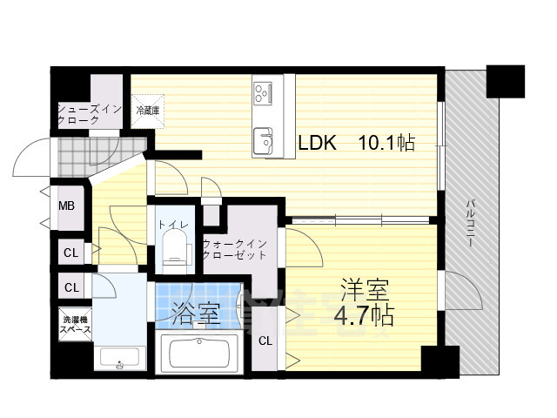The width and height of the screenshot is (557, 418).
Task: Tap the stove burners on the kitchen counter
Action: [x=264, y=91]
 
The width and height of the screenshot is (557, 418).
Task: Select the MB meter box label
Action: [x=66, y=206]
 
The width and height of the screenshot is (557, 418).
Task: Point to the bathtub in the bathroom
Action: [x=202, y=354]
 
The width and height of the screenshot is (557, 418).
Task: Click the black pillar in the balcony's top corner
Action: [x=507, y=81]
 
